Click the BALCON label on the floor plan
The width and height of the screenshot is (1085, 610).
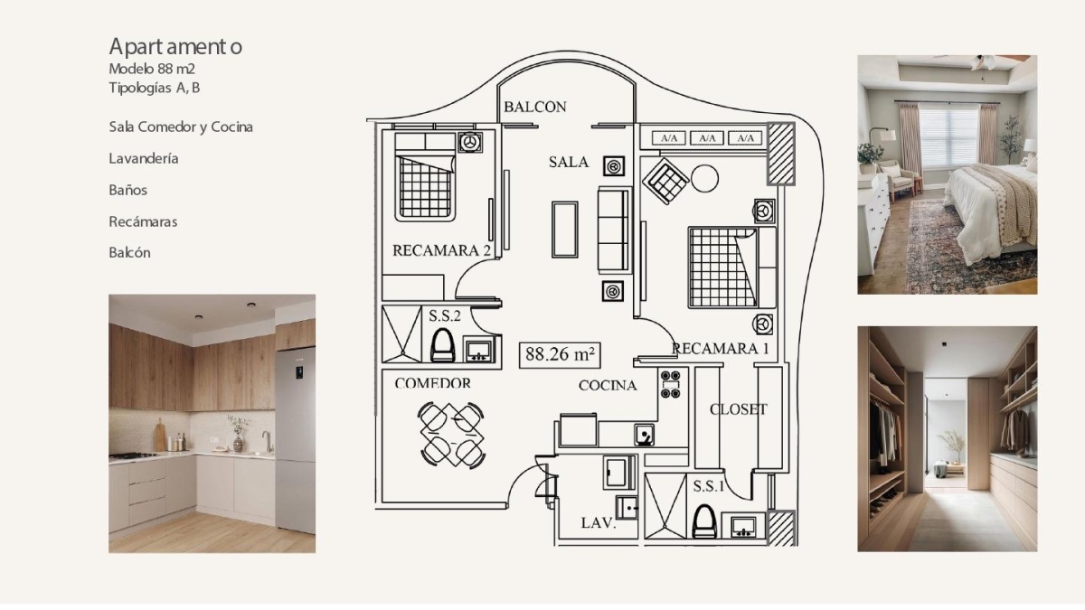[534, 107]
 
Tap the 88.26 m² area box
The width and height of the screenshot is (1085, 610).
[560, 355]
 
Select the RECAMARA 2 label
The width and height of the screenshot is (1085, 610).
[441, 250]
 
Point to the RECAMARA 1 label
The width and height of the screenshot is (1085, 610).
[721, 349]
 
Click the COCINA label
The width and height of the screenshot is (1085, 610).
[608, 385]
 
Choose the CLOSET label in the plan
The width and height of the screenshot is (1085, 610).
[738, 409]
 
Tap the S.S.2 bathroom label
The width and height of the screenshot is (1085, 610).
[444, 316]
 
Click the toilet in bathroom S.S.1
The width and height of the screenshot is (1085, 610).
[703, 521]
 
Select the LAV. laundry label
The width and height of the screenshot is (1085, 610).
[599, 523]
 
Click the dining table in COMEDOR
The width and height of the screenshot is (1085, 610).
[451, 435]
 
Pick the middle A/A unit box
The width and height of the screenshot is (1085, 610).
[707, 138]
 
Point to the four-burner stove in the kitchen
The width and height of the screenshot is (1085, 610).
[670, 384]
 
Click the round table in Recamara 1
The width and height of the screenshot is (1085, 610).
[704, 179]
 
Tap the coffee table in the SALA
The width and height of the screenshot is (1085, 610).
[565, 230]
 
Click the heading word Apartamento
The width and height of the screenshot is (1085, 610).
[175, 47]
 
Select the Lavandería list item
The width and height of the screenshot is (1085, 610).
[144, 158]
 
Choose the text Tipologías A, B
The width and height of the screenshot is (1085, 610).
[154, 89]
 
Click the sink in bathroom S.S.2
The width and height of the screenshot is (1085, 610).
[479, 350]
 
